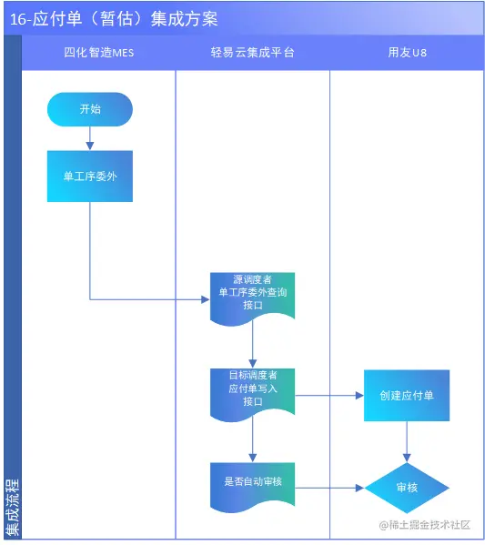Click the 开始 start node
coord(90,109)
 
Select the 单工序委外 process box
coord(90,177)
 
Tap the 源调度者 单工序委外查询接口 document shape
coord(253,298)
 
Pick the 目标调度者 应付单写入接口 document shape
coord(253,394)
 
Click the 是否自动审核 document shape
coord(253,488)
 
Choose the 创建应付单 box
coord(407,396)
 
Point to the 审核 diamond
coord(407,488)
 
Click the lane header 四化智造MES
coord(99,53)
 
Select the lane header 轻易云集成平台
coord(253,53)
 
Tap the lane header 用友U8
coord(407,53)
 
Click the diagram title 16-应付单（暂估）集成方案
coord(114,19)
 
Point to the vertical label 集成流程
coord(13,507)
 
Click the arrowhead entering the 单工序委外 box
coord(90,146)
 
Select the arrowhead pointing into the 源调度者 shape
coord(206,299)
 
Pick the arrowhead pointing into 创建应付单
coord(359,396)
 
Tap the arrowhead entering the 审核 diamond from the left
coord(359,488)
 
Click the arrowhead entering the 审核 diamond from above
coord(407,458)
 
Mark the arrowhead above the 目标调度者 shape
coord(253,364)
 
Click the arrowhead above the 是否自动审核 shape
coord(253,458)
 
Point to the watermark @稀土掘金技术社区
coord(425,525)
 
